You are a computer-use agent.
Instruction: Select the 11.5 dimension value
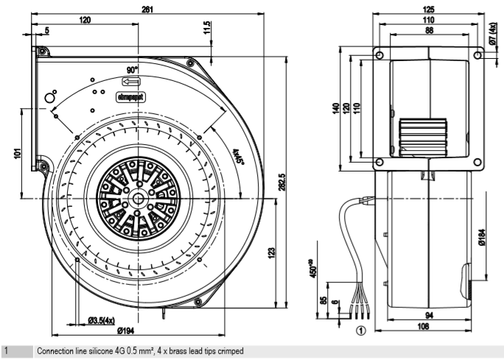207,28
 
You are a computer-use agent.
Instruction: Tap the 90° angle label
133,68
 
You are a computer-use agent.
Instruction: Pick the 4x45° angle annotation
238,158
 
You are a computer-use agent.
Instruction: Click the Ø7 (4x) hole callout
493,34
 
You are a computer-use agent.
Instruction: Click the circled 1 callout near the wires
360,331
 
